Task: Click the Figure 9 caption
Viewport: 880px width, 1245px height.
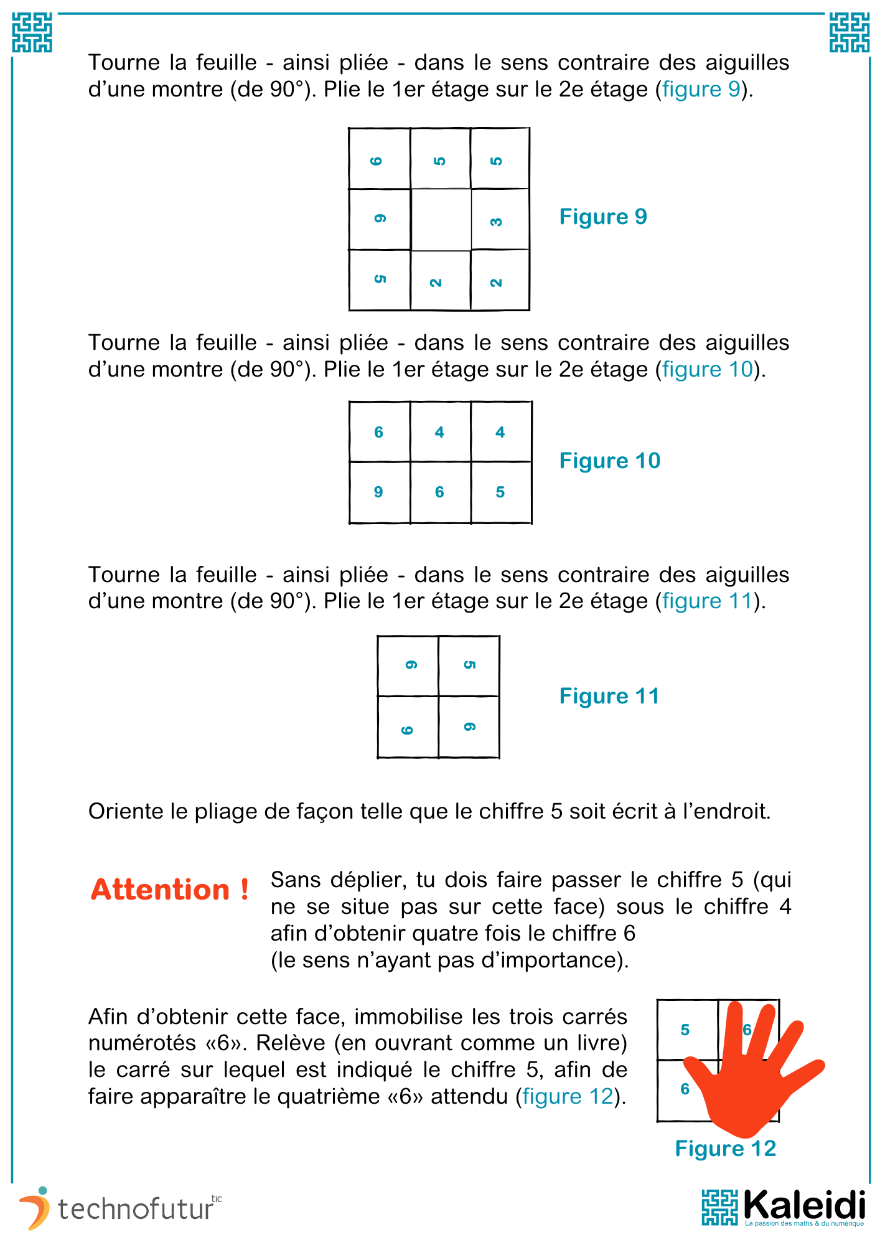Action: [602, 217]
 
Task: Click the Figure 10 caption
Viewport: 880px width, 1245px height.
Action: [609, 461]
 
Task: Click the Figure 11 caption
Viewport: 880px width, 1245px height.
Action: [609, 696]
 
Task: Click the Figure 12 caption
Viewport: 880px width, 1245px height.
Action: [725, 1149]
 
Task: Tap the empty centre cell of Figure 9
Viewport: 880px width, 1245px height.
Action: [441, 219]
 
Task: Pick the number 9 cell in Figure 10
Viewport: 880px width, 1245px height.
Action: [379, 492]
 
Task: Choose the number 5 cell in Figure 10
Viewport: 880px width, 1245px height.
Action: [500, 492]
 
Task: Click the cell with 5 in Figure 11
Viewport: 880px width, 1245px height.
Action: [469, 665]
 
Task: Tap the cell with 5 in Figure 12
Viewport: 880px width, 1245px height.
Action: [686, 1030]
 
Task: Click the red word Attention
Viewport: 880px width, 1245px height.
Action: [170, 890]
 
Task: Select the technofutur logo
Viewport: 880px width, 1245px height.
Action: [118, 1209]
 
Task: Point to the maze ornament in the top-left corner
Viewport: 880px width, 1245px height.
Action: [32, 33]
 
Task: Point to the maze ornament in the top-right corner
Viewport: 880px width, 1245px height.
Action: [849, 33]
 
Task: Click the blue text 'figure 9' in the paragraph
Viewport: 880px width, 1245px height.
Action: [701, 90]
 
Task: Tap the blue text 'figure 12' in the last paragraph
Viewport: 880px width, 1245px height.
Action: [568, 1096]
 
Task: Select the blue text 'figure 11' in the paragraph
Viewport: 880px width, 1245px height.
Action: [707, 601]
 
